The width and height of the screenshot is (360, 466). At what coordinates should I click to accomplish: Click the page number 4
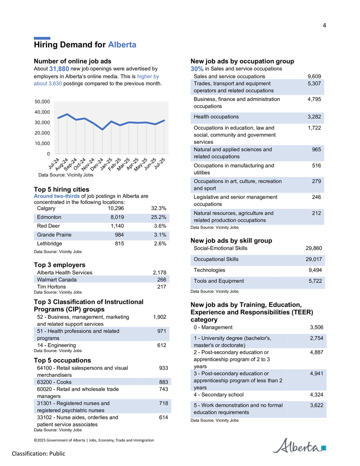324,26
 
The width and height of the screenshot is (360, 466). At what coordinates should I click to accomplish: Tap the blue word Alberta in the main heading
122,45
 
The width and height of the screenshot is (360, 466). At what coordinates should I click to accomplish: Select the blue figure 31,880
59,69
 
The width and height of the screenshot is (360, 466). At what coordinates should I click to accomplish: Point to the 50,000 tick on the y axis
42,102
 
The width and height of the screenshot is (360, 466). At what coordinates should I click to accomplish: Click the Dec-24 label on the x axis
97,164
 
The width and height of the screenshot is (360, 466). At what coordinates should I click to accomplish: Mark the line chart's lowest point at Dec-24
103,130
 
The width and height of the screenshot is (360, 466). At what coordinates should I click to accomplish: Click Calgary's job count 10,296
116,208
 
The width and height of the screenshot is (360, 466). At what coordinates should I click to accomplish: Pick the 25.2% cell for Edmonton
158,217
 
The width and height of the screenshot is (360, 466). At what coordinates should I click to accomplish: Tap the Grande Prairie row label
54,235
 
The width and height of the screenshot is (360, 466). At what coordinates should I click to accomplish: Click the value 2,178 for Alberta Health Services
159,272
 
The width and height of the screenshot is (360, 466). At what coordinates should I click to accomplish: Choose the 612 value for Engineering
162,345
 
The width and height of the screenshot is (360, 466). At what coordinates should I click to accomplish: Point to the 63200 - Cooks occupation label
54,382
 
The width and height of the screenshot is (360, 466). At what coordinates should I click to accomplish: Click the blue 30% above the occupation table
197,69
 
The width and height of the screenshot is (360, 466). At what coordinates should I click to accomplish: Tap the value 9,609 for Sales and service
314,77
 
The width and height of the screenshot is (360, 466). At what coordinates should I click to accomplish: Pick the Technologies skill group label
209,270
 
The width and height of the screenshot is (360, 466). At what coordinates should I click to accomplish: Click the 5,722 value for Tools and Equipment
315,281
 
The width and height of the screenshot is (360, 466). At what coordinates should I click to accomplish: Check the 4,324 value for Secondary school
317,395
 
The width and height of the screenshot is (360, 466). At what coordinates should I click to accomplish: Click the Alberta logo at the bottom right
299,445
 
